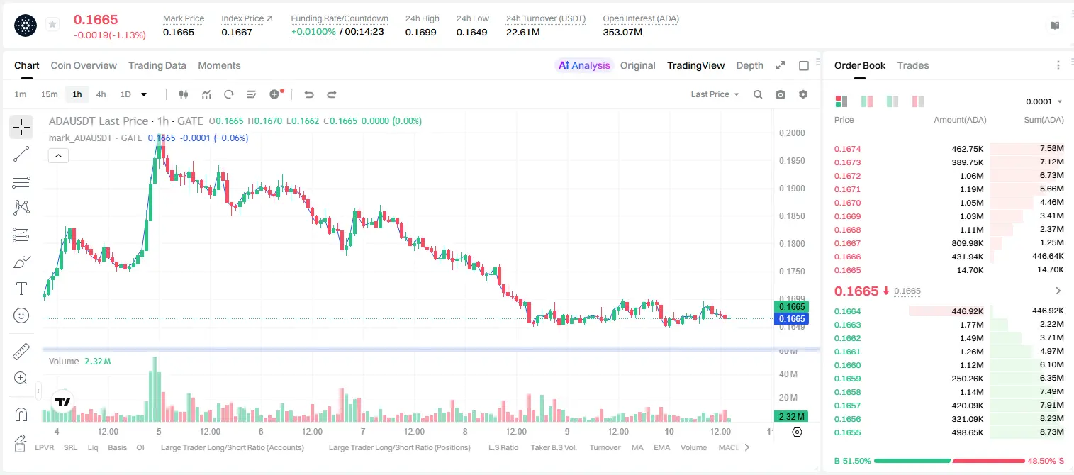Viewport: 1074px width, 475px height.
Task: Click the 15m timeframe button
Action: [50, 94]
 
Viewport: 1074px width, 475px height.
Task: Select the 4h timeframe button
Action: [101, 94]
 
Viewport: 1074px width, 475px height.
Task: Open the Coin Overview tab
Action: [84, 66]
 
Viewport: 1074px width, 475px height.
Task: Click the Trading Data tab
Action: [157, 66]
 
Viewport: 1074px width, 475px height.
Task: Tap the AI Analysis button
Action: [584, 66]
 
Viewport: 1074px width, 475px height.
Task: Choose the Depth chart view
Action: [749, 66]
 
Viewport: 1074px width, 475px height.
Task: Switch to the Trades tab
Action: [913, 66]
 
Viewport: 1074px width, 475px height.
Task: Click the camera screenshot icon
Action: [781, 94]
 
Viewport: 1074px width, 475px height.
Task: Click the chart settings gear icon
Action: [803, 94]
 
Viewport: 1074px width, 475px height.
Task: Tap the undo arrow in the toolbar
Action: [309, 94]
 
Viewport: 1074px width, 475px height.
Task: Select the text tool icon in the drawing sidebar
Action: [21, 289]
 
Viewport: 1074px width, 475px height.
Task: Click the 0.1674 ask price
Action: [847, 149]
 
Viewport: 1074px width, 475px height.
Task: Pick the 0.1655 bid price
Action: [847, 432]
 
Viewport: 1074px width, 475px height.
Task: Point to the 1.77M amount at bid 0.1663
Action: [971, 325]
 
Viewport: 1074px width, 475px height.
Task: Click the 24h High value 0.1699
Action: [420, 32]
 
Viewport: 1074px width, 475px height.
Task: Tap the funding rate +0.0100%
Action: [313, 32]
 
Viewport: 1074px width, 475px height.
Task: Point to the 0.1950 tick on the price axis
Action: [792, 160]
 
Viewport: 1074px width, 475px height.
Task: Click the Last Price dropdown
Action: [715, 94]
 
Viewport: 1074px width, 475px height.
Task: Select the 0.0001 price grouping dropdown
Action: [1044, 101]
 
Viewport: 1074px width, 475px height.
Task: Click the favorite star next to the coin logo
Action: [52, 24]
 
